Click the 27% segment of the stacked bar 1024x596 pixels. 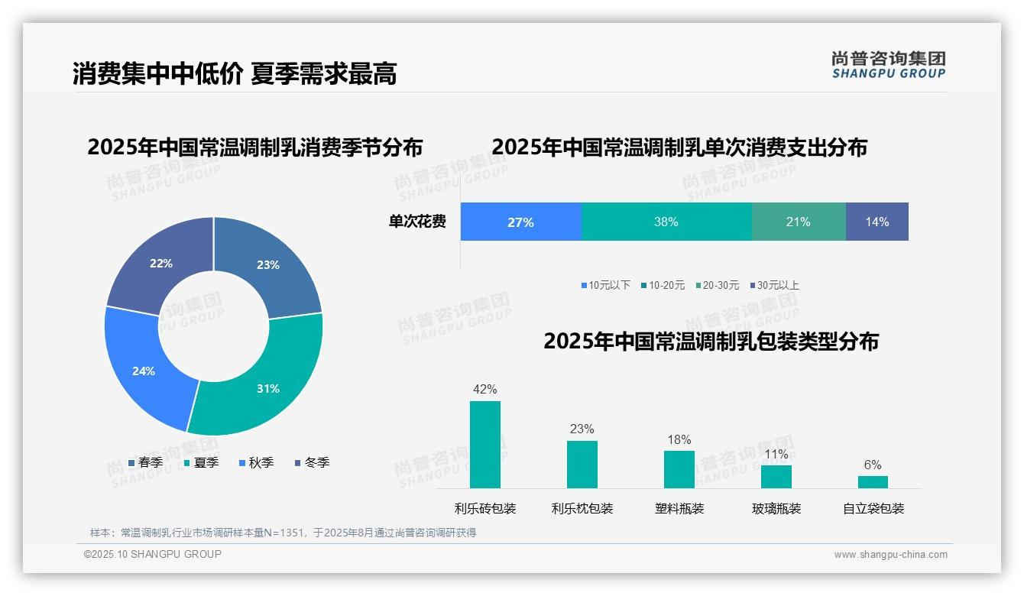coord(520,222)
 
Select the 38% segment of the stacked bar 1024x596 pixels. coord(666,222)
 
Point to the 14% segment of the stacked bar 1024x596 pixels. coord(877,222)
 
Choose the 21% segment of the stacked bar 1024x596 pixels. coord(799,222)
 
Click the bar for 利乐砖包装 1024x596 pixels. coord(484,445)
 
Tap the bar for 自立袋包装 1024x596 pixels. coord(873,482)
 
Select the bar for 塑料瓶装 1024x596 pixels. coord(679,469)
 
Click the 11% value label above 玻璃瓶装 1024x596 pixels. coord(776,455)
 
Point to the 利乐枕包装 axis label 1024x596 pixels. coord(582,509)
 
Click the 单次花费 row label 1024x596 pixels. coord(417,222)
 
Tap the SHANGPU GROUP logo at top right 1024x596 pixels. coord(888,65)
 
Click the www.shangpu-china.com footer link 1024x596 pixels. coord(890,555)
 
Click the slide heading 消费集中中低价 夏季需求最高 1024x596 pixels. coord(235,74)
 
